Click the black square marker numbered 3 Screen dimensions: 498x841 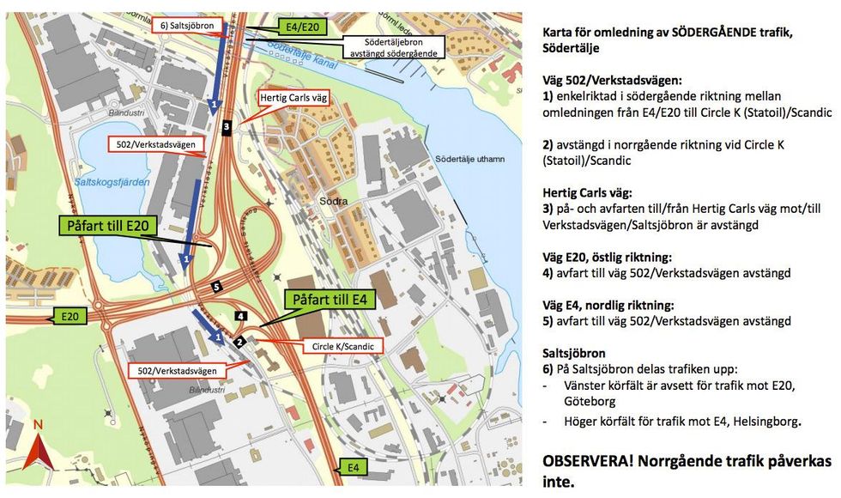[227, 127]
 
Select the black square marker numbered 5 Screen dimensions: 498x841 [217, 287]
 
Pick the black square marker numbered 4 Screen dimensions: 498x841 [241, 316]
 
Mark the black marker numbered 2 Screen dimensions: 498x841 [240, 342]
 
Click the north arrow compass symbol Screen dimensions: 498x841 [37, 446]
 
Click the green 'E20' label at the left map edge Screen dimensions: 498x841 [71, 317]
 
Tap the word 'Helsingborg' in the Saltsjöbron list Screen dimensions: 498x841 [766, 421]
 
